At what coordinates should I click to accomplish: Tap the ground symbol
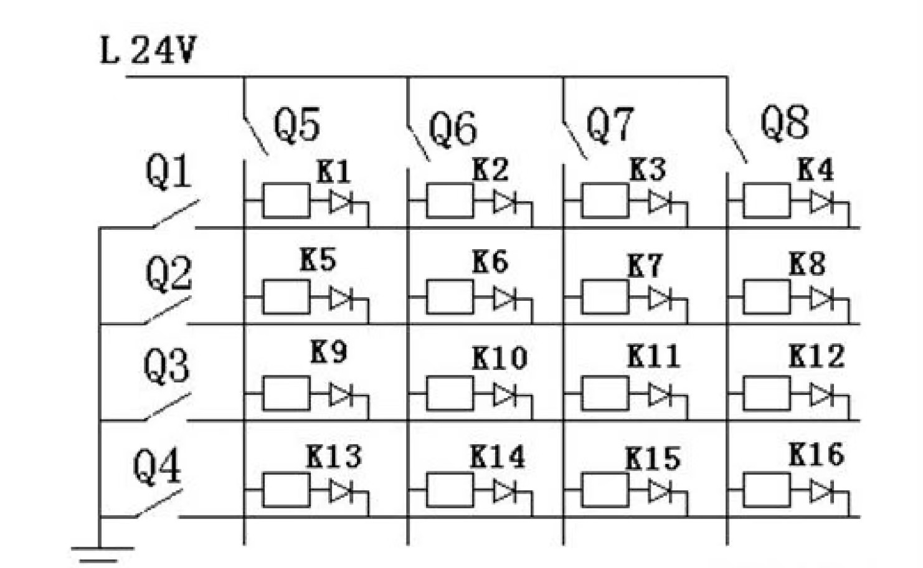[x=102, y=552]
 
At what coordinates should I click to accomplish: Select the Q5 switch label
[x=296, y=124]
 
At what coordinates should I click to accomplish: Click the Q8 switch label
[x=784, y=121]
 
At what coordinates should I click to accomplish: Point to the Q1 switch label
[x=168, y=171]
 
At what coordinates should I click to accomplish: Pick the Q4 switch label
[x=156, y=467]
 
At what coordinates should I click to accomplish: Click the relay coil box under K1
[x=286, y=201]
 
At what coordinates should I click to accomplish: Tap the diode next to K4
[x=821, y=202]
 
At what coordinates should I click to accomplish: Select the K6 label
[x=490, y=262]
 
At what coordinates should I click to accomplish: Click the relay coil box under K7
[x=605, y=297]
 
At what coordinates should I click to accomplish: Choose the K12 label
[x=816, y=356]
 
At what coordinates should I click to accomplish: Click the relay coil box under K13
[x=286, y=490]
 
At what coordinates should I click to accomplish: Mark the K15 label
[x=652, y=459]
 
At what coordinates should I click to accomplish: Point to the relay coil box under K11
[x=605, y=394]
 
